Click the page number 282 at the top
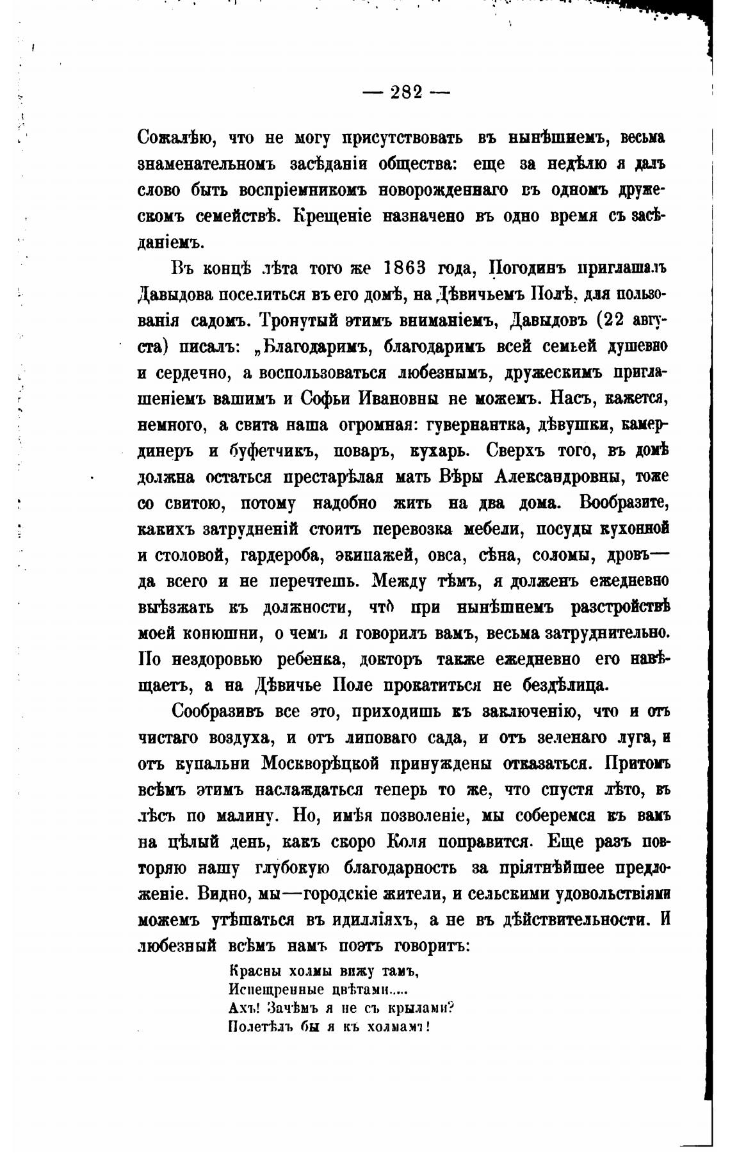pos(407,93)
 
